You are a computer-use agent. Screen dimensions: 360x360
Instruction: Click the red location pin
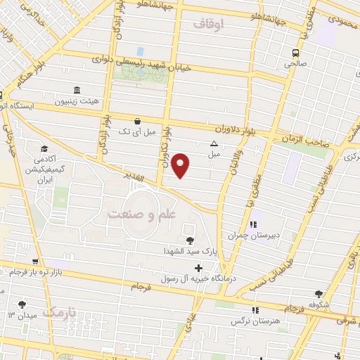(x=182, y=165)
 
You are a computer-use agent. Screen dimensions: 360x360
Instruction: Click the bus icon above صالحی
(x=295, y=52)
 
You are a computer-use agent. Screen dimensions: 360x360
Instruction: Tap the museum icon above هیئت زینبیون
(x=77, y=91)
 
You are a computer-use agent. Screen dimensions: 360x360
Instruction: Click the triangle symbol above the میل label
(x=214, y=143)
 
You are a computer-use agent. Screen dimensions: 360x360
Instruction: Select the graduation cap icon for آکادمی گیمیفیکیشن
(x=45, y=148)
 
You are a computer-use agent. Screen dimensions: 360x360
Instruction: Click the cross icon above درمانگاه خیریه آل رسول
(x=199, y=268)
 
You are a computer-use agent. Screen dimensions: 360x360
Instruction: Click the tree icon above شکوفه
(x=320, y=294)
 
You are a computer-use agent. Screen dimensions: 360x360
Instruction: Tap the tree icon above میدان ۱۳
(x=22, y=304)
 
